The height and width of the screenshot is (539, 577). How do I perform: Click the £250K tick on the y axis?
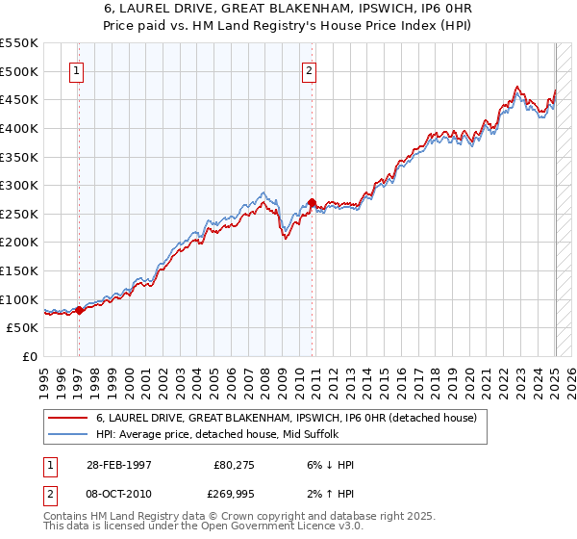click(x=19, y=214)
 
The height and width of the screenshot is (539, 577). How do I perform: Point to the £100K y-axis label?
click(x=19, y=299)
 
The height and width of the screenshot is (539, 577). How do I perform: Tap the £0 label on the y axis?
click(x=31, y=356)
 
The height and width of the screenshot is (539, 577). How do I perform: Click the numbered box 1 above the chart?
click(x=76, y=69)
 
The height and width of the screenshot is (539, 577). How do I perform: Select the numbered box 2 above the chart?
click(x=309, y=69)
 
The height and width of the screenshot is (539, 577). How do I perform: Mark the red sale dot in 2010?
click(x=312, y=202)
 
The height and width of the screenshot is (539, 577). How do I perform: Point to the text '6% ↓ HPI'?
click(x=329, y=465)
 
